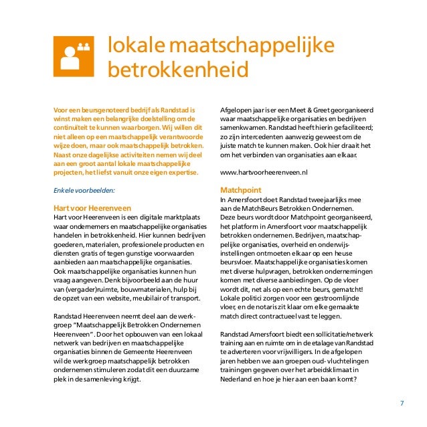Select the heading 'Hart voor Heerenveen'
coord(91,207)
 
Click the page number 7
coord(402,403)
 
